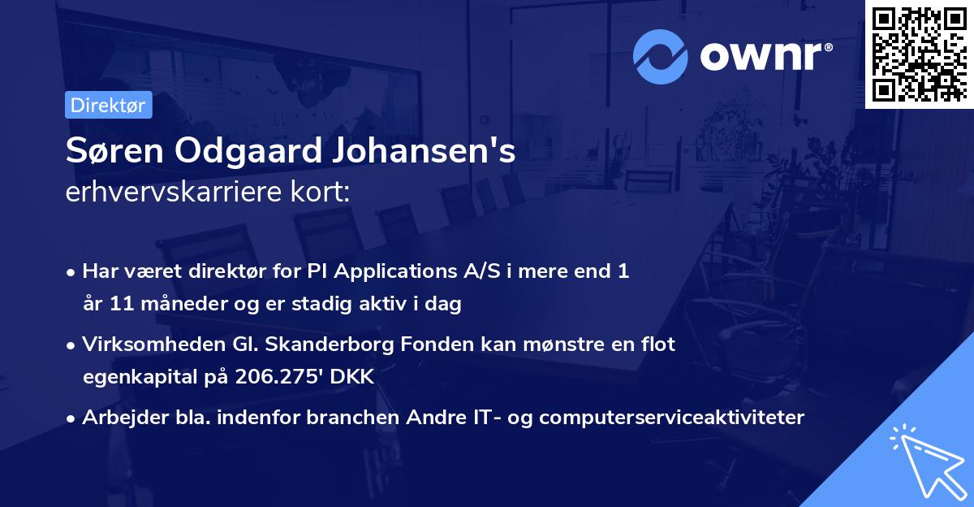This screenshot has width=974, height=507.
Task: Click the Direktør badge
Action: pyautogui.click(x=108, y=105)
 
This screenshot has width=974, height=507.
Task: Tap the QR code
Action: pyautogui.click(x=919, y=54)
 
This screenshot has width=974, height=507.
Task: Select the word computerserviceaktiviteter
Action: pyautogui.click(x=671, y=418)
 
